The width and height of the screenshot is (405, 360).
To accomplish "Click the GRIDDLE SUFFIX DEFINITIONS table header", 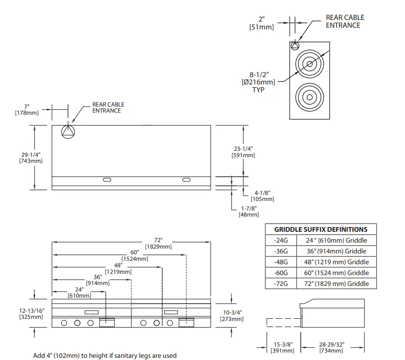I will point(321,230).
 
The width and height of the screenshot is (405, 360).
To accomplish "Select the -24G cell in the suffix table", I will point(280,240).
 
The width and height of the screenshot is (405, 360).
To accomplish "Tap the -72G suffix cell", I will point(280,284).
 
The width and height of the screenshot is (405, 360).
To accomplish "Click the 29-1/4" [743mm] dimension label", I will point(31,158).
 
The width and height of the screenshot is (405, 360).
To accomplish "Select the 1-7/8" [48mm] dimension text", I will point(249,211).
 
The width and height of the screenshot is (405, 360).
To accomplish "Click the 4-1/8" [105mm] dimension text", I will point(263,196).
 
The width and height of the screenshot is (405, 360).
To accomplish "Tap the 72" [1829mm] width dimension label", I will point(158,243).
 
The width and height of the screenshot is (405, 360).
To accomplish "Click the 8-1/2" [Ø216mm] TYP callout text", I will point(258,82).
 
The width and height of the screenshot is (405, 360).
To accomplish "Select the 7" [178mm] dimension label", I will point(26,109).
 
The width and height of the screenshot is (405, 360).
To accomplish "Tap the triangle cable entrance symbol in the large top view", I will point(68,132).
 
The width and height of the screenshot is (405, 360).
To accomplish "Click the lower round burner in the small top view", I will point(309,97).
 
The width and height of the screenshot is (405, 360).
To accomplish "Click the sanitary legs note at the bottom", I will point(105,356).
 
